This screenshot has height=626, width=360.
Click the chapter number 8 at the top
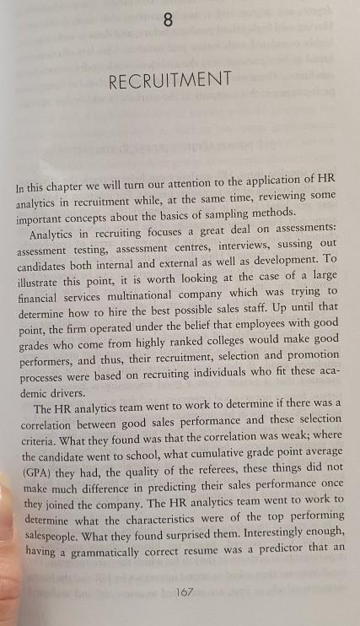coord(169,22)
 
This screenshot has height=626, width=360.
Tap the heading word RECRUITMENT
coord(170,81)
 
